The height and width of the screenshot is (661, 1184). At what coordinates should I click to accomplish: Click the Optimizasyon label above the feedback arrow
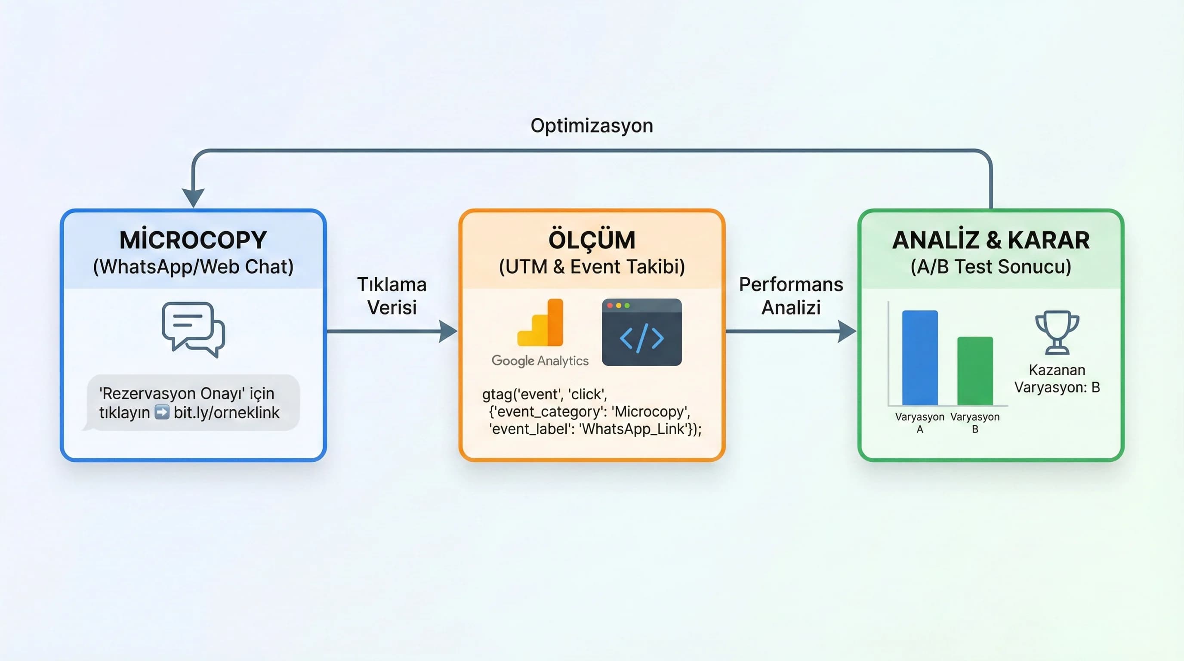point(592,126)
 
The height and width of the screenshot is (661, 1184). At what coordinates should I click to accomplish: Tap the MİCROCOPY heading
point(193,240)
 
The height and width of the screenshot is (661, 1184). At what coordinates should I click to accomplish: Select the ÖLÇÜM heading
point(592,240)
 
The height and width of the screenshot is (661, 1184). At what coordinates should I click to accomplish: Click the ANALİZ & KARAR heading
point(990,240)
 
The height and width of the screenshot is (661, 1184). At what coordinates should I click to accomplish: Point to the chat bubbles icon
point(193,329)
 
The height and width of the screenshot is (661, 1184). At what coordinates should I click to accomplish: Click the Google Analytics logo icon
point(540,323)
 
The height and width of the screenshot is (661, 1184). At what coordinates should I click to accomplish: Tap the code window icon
point(641,332)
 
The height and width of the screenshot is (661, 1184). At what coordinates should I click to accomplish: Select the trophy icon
point(1057,332)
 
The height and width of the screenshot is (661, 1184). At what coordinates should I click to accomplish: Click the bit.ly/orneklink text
point(227,412)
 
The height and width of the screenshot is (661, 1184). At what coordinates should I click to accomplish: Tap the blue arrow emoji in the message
point(162,412)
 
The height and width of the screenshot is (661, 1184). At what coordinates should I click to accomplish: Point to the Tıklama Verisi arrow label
point(392,296)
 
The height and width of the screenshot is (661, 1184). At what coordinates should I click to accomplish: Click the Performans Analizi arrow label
point(791,296)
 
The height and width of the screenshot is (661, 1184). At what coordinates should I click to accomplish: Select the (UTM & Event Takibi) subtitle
point(592,267)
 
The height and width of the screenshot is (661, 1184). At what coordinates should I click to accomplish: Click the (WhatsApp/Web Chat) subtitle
point(193,267)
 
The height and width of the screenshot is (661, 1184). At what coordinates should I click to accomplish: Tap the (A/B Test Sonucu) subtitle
point(990,267)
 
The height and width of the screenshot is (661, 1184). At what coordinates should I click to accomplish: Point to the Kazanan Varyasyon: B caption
point(1057,378)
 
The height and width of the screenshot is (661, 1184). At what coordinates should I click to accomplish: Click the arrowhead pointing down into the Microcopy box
point(193,198)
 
